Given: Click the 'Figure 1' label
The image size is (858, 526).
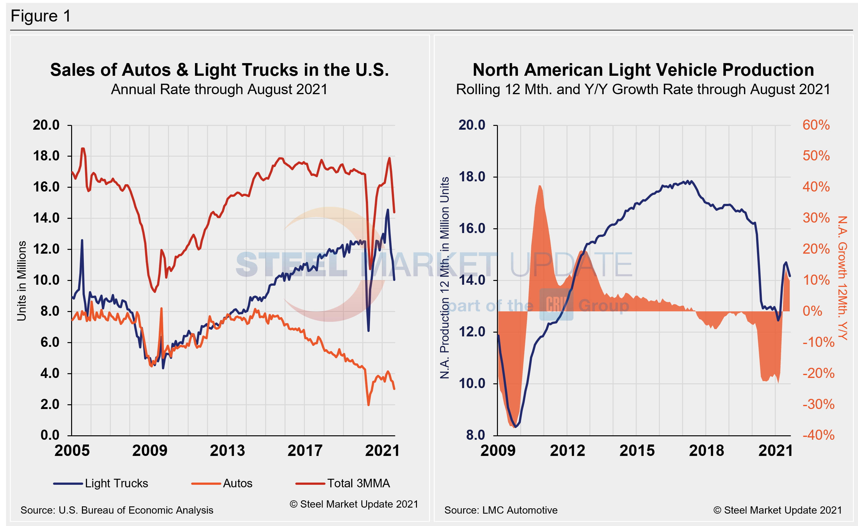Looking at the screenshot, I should pyautogui.click(x=41, y=16).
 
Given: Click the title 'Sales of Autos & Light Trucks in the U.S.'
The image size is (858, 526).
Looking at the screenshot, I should pyautogui.click(x=219, y=70).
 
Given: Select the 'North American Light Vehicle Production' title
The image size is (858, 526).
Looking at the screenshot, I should pyautogui.click(x=643, y=70).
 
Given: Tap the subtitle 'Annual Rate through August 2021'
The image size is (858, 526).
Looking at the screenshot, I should pyautogui.click(x=219, y=90).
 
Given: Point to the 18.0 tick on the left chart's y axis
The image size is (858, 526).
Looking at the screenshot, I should pyautogui.click(x=46, y=156).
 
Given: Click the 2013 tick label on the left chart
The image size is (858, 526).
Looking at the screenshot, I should pyautogui.click(x=227, y=451).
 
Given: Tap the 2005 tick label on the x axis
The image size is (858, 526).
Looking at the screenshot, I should pyautogui.click(x=72, y=451).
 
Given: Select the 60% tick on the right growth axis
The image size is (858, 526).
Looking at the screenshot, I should pyautogui.click(x=816, y=125).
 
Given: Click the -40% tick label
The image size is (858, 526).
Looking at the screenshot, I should pyautogui.click(x=818, y=435).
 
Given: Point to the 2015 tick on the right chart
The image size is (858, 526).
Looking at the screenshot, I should pyautogui.click(x=637, y=451).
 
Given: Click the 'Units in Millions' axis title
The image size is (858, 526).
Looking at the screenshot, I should pyautogui.click(x=22, y=280).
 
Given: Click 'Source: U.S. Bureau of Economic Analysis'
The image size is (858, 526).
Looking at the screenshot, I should pyautogui.click(x=117, y=510).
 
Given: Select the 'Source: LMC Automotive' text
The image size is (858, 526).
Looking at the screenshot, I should pyautogui.click(x=501, y=510).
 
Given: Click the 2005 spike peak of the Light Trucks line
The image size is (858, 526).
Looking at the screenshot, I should pyautogui.click(x=82, y=240).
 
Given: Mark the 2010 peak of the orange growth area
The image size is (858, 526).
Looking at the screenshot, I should pyautogui.click(x=540, y=186).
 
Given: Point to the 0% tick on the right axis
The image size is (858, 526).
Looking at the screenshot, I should pyautogui.click(x=812, y=311).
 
